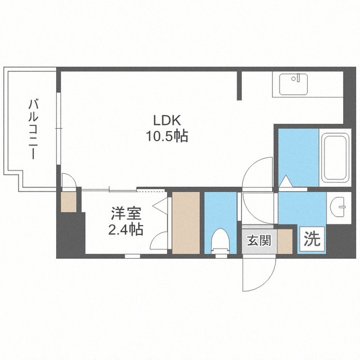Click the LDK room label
(x=167, y=120)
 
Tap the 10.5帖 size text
(x=167, y=136)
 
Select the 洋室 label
(x=126, y=214)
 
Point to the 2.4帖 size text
(x=126, y=229)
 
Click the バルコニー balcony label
(x=33, y=129)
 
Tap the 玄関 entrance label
(x=259, y=240)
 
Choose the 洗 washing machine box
(x=312, y=238)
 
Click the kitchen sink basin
(x=294, y=84)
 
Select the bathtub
(x=335, y=157)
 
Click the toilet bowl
(x=220, y=241)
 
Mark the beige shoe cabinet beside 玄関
(x=285, y=241)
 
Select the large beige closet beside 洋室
(x=186, y=223)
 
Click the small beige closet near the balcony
(x=69, y=202)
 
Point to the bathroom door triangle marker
(x=285, y=181)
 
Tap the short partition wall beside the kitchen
(x=239, y=85)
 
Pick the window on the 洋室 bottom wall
(x=133, y=256)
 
